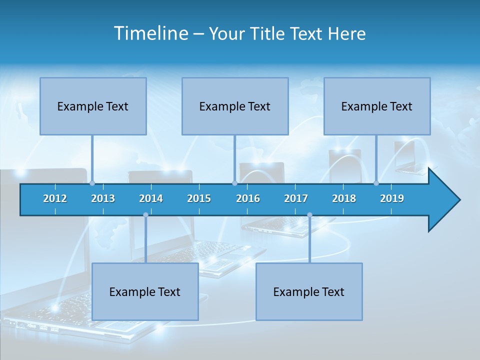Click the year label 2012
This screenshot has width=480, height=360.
click(x=55, y=198)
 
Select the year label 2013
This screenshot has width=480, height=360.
click(x=103, y=198)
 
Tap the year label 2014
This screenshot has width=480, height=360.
click(x=151, y=198)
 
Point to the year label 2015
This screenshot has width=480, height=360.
click(x=199, y=198)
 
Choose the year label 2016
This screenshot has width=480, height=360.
click(x=248, y=198)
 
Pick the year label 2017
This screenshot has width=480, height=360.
click(x=296, y=198)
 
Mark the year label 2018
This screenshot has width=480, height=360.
click(x=344, y=198)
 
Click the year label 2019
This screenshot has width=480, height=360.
click(x=392, y=198)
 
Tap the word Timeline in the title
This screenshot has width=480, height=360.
click(x=150, y=33)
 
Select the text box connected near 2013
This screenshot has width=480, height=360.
click(x=93, y=106)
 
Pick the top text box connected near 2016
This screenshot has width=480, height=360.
click(x=235, y=106)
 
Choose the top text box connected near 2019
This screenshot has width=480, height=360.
click(x=377, y=106)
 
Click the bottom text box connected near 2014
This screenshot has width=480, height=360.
click(x=145, y=291)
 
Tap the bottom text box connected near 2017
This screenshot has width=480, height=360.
click(x=309, y=291)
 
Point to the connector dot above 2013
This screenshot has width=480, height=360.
click(x=92, y=183)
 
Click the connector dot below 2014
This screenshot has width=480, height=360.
click(x=145, y=215)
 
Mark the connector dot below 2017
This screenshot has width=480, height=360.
click(x=309, y=215)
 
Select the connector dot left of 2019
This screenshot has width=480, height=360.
click(x=376, y=183)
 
